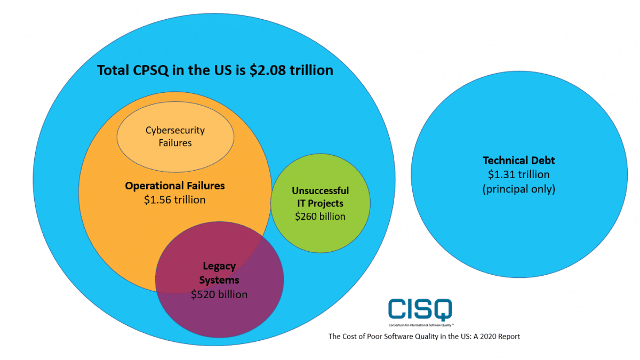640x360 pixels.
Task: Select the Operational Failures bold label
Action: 175,186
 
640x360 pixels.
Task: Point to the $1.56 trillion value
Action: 175,199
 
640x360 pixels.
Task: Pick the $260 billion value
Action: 320,216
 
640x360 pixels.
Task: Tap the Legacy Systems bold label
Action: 219,273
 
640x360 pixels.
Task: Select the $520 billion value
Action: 219,294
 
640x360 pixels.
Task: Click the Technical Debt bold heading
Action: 518,160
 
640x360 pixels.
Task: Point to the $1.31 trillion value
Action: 518,174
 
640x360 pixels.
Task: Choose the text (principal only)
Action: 518,189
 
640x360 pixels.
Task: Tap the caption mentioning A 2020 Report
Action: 424,337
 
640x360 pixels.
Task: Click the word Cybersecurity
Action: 175,130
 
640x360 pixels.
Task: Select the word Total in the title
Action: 115,70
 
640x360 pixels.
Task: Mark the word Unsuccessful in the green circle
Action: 320,190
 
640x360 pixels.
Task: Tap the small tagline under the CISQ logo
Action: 420,324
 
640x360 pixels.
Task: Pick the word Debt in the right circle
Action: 543,160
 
